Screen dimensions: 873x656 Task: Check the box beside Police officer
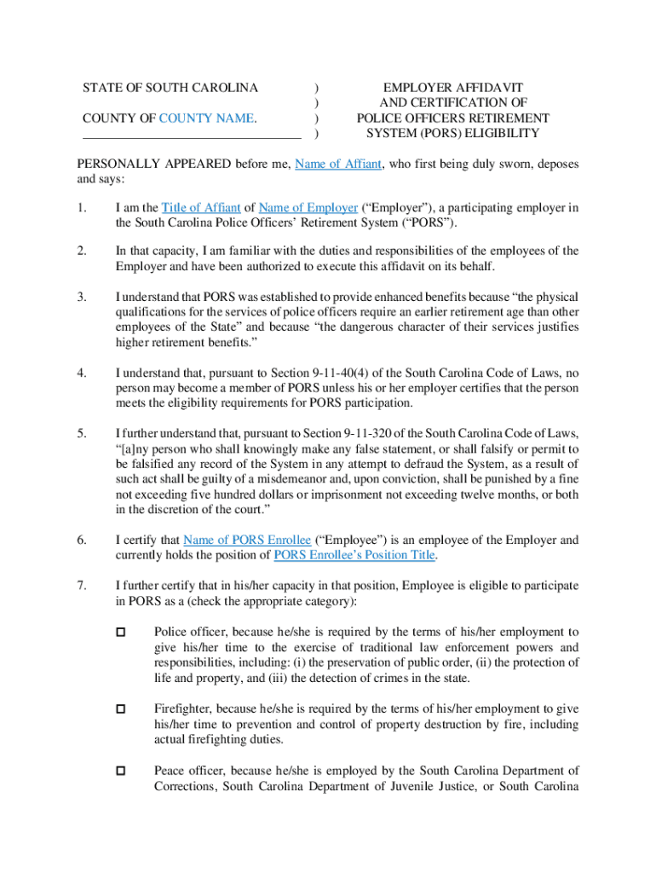[120, 633]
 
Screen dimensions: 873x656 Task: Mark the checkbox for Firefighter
[120, 709]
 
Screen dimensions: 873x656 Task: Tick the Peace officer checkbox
[120, 771]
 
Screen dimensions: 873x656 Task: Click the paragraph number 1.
[82, 208]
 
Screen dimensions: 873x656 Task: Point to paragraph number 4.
[82, 373]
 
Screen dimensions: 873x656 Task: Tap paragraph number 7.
[82, 586]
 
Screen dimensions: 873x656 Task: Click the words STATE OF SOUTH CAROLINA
[170, 88]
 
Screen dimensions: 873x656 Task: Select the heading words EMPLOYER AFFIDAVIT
[452, 88]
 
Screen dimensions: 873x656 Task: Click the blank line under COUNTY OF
[192, 136]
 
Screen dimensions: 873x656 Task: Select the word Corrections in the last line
[187, 787]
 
